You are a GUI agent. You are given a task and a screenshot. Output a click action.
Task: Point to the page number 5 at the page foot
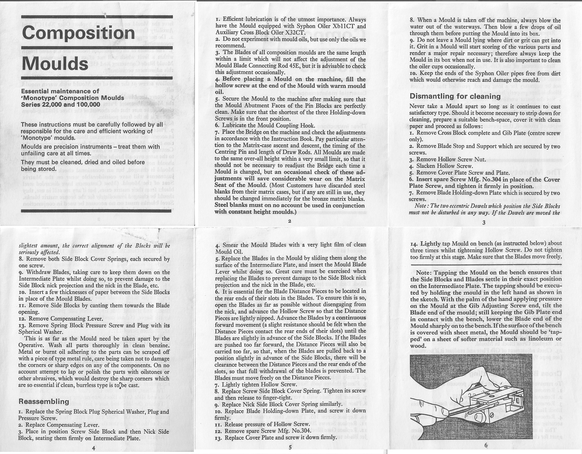290,448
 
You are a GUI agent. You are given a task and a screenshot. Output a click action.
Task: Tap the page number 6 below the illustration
486,445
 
